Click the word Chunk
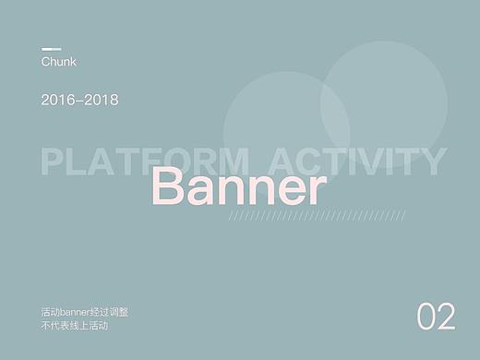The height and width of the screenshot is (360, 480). tap(58, 62)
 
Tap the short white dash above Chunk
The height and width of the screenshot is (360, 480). tap(51, 49)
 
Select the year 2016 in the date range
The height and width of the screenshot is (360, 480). tap(57, 99)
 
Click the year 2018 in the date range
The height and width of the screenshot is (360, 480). tap(101, 99)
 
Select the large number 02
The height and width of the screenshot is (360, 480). tap(436, 316)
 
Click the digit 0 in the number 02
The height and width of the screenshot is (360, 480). tap(426, 316)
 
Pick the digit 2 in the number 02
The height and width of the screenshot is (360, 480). tap(447, 316)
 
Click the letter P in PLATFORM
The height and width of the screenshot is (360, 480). tap(53, 162)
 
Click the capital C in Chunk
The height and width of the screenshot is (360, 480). tap(46, 62)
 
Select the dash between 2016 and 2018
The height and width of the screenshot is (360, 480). tap(79, 100)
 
